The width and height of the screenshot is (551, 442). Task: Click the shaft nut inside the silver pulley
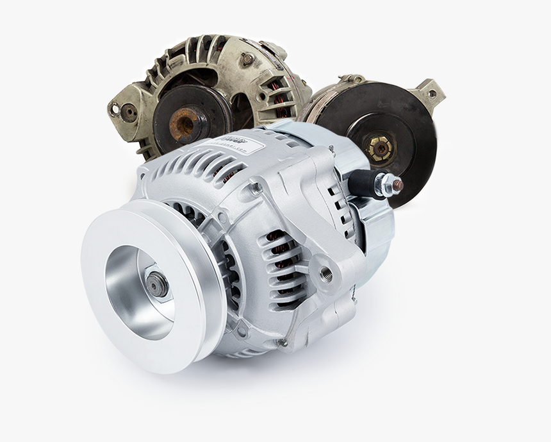click(156, 284)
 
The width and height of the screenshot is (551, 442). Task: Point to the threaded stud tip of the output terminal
click(397, 185)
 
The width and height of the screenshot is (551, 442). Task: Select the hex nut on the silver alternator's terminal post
click(384, 185)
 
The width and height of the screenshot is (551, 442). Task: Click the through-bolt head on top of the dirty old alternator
click(246, 61)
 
